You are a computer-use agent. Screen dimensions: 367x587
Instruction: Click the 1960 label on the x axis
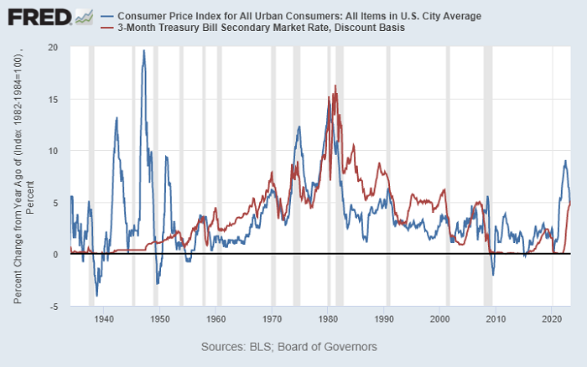point(216,319)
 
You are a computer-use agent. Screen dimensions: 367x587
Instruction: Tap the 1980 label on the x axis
point(328,319)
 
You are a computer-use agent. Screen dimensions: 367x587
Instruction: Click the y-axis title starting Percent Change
point(23,177)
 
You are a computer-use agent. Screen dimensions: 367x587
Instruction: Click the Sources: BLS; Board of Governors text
point(289,346)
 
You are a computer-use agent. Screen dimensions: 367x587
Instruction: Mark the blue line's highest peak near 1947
point(143,50)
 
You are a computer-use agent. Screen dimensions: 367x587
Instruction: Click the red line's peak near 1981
point(335,85)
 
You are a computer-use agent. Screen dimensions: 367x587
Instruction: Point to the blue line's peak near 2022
point(565,161)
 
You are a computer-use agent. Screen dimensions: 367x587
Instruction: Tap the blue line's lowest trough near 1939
point(97,295)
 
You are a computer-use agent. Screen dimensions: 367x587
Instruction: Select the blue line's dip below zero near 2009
point(493,275)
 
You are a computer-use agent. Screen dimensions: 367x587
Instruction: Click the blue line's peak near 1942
point(116,118)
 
